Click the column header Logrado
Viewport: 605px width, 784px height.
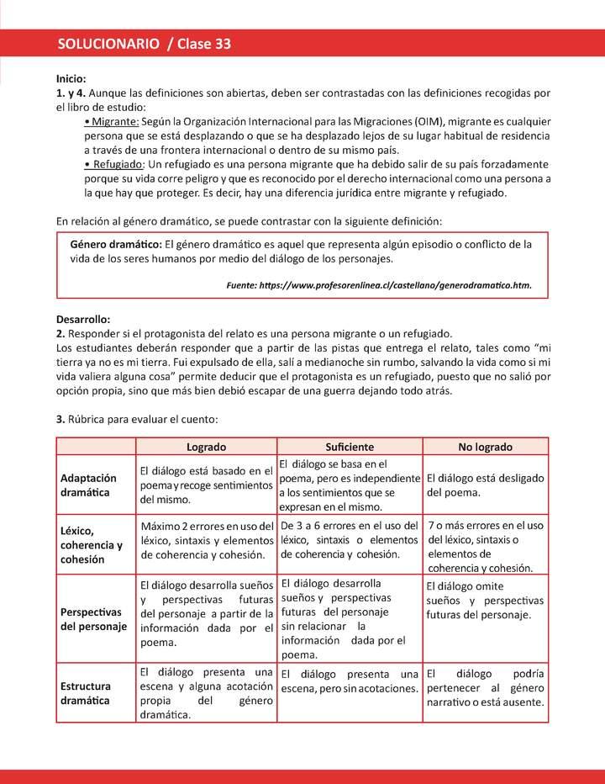coord(206,447)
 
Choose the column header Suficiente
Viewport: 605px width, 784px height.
coord(349,447)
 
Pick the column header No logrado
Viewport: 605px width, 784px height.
coord(485,447)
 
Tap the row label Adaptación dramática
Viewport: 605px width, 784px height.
coord(88,485)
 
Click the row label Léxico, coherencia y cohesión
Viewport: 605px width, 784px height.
coord(91,544)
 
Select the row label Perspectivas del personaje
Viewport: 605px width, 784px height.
coord(92,618)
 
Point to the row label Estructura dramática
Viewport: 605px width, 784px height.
coord(86,692)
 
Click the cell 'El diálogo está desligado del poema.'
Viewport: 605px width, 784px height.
coord(485,485)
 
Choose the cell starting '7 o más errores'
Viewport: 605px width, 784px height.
coord(485,546)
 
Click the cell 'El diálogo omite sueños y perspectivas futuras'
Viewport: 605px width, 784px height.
coord(485,601)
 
